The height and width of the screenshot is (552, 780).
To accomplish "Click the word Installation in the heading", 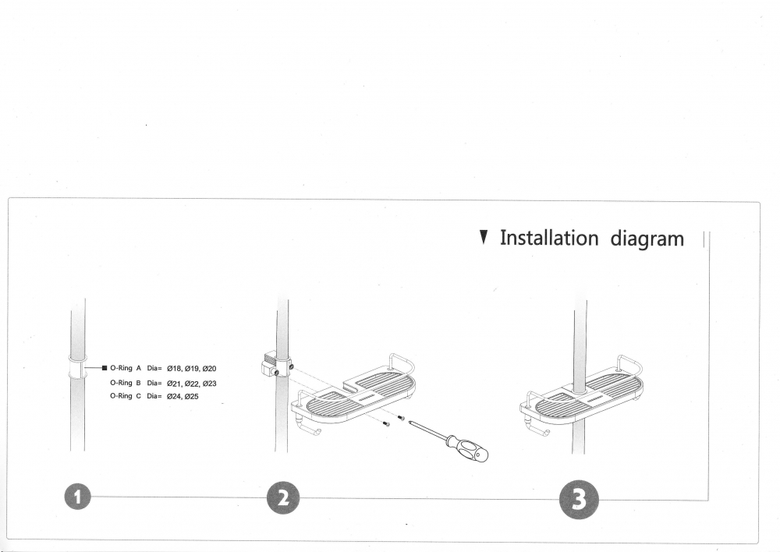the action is coord(548,238).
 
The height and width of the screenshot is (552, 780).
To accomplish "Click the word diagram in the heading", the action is coord(647,239).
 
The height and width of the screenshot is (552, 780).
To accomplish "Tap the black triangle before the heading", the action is coord(483,237).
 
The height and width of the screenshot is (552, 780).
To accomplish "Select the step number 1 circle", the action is coord(77,497).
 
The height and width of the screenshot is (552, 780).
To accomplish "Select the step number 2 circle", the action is coord(283,497).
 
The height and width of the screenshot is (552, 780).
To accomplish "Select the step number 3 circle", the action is coord(579,500).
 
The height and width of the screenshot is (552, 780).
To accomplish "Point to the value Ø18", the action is coord(174,369).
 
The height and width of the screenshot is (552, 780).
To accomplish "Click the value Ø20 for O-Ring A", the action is coord(209,369).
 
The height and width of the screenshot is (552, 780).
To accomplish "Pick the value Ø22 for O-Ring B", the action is coord(192,384).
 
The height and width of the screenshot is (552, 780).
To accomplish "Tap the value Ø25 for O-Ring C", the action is coord(192,396).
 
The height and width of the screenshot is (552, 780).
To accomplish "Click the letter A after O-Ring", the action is coord(139,368).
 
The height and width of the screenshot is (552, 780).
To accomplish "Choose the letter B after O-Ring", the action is coord(139,383).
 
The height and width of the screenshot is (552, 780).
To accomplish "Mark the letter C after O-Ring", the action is coord(139,396).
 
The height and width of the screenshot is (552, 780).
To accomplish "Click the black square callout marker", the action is coord(105,368).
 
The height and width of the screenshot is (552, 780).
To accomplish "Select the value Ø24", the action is coord(174,396).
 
